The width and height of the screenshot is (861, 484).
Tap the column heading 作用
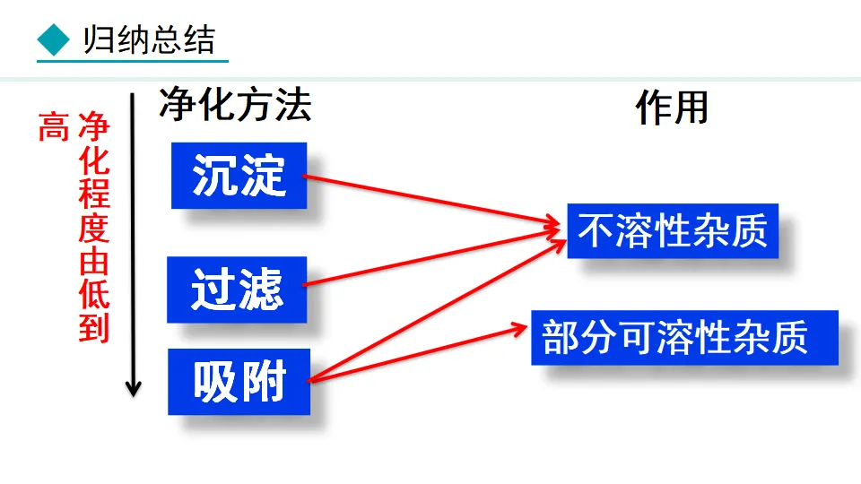672,108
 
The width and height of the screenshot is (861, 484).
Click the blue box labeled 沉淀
239,176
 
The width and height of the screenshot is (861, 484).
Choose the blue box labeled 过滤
237,290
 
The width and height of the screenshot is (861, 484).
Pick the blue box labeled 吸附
239,382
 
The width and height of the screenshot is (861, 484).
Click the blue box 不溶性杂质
673,230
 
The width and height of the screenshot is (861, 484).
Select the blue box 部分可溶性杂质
683,338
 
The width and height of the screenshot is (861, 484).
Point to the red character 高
53,128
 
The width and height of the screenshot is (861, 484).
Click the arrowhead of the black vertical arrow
134,390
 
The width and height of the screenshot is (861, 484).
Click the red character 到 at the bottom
93,328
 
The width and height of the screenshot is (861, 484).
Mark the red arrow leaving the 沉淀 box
430,201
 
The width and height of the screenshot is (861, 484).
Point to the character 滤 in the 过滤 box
261,290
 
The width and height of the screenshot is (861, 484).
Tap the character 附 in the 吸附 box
263,382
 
